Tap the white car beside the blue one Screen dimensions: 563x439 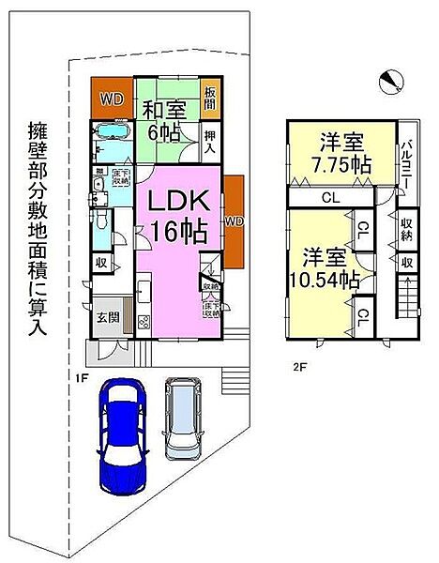pos(183,418)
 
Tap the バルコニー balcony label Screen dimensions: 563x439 pos(409,160)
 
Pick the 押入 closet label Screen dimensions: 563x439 pos(211,142)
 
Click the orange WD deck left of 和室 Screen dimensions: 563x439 pos(112,97)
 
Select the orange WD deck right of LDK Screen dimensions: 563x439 pos(235,221)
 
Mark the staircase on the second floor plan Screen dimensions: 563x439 pos(406,306)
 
